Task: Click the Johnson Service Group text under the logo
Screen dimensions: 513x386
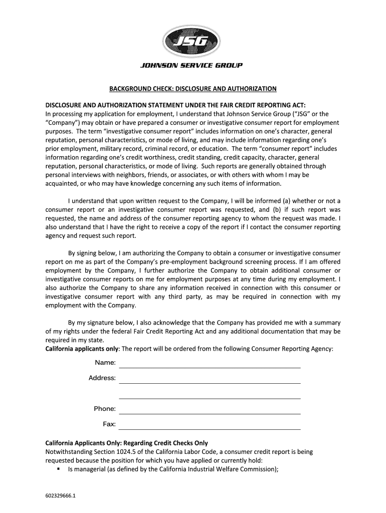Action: coord(193,66)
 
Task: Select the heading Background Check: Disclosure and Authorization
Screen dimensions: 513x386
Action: coord(193,89)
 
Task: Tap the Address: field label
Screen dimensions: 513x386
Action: coord(102,378)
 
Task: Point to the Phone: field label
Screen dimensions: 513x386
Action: coord(105,409)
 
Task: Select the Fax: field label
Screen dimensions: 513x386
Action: coord(109,424)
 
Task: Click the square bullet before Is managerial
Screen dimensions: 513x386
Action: coord(59,469)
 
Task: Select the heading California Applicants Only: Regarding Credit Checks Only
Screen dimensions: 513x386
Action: coord(126,443)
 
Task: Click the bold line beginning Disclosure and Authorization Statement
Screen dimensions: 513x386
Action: coord(175,106)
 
